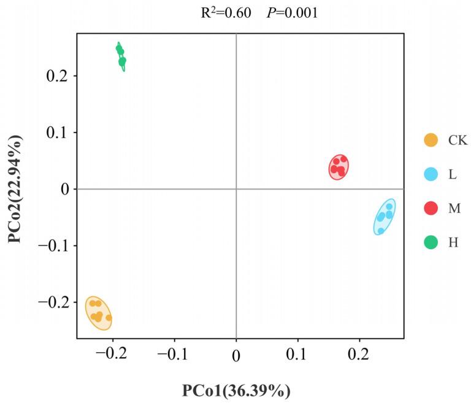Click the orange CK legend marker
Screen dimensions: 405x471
tap(431, 141)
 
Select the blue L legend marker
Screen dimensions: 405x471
tap(431, 174)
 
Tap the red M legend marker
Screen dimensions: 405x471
tap(431, 208)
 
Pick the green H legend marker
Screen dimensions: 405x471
tap(431, 242)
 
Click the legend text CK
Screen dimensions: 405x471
tap(458, 141)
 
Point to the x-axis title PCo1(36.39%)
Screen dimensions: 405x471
tap(235, 390)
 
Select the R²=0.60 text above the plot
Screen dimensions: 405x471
tap(226, 13)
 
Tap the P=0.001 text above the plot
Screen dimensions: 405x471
tap(292, 13)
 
